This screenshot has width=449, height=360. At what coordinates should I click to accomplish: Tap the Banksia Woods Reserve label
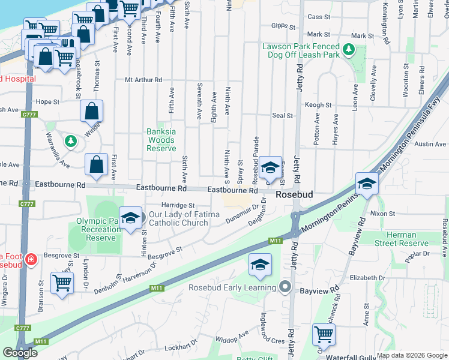point(161,140)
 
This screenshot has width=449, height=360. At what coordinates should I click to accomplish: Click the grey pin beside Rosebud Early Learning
point(286,287)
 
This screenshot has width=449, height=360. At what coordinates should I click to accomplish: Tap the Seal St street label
point(282,115)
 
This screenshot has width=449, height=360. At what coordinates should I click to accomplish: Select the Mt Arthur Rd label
point(143,80)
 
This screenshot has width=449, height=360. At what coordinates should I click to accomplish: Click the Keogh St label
point(318,105)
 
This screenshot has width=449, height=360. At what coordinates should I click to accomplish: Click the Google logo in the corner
point(20,353)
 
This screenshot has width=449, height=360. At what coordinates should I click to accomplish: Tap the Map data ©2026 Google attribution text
point(412,355)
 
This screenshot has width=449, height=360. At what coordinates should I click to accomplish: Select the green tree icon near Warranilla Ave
point(71,140)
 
